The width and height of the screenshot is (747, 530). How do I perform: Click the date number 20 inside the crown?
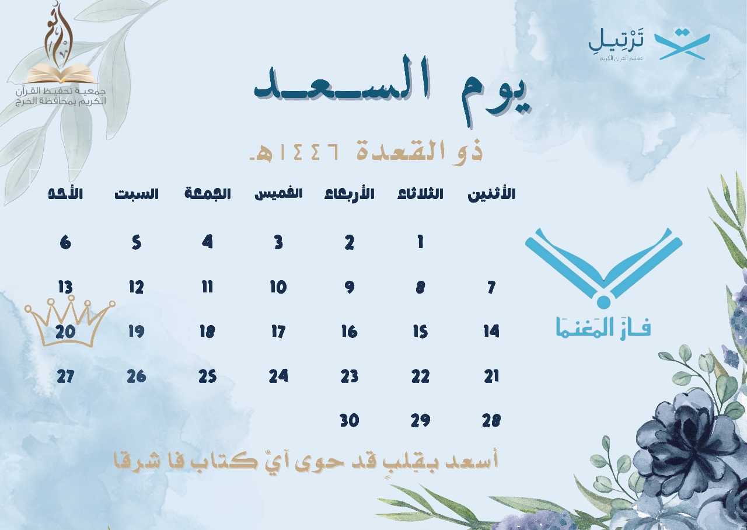tap(65, 332)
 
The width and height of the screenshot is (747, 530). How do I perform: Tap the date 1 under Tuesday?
tap(420, 242)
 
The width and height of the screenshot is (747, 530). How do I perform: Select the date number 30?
tap(350, 420)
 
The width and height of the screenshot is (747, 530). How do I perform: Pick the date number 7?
tap(491, 287)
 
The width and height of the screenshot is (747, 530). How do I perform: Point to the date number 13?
tap(65, 287)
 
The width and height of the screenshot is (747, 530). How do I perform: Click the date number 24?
tap(278, 376)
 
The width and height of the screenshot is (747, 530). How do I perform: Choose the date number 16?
tap(350, 332)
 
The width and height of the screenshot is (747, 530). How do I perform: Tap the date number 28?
tap(491, 420)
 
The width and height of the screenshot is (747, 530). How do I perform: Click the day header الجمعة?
tap(207, 193)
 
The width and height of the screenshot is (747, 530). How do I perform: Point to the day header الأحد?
tap(65, 193)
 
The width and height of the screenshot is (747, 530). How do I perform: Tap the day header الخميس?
tap(278, 194)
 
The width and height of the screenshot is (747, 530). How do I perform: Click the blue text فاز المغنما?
tap(603, 327)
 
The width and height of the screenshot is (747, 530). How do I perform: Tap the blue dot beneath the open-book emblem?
tap(603, 302)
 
